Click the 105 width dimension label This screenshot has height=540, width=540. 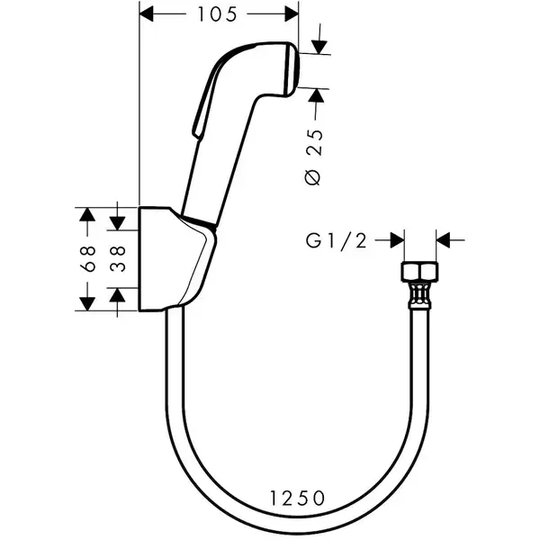coord(217,14)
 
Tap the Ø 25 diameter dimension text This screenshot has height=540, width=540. coord(315,157)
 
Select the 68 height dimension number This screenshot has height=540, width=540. coord(87,258)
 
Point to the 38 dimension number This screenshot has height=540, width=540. coord(118,258)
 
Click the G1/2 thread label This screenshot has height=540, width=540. coord(336,240)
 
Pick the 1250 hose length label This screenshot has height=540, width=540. coord(297,498)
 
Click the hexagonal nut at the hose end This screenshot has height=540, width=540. coord(419,272)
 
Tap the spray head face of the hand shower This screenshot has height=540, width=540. coord(291,69)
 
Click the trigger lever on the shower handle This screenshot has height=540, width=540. coord(204,100)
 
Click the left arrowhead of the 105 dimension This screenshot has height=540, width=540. coord(146,14)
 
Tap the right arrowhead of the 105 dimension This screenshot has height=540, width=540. coord(292,14)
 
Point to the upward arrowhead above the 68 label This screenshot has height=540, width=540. coord(87,214)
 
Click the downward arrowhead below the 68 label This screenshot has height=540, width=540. coord(87,304)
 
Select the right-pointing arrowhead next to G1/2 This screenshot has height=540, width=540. coord(397,240)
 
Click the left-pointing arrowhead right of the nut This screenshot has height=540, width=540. coord(443,240)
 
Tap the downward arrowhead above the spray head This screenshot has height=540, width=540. coord(319,47)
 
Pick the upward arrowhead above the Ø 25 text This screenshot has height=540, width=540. coord(316,95)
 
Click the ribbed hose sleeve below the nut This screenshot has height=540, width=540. coord(419,295)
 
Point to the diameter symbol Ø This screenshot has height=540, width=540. coord(313,177)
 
